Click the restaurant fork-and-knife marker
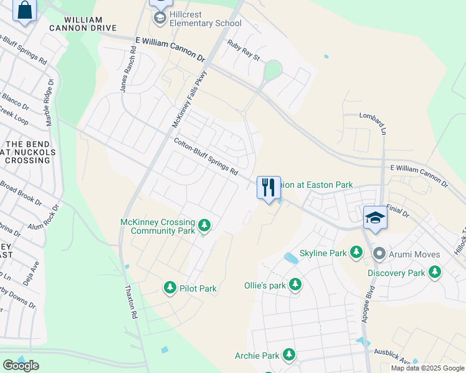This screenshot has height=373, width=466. coord(269,187)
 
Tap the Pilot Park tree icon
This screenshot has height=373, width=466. coord(169,288)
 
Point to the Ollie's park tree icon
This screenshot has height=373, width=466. coord(295,285)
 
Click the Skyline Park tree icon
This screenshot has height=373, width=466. coord(356,252)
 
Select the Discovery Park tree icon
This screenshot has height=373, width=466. coord(434,272)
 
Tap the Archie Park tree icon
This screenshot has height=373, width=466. coord(288,355)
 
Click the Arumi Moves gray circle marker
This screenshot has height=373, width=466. coord(379,254)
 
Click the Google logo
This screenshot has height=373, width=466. coord(21,366)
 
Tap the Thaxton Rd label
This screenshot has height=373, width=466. coord(131,302)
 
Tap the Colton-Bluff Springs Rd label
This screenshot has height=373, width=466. coord(206,157)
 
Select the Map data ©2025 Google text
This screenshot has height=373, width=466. coord(427,368)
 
